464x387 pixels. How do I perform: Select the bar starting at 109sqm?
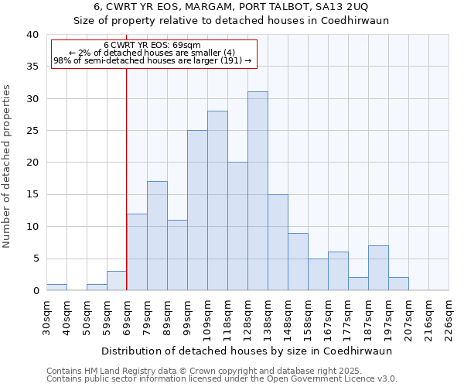coord(217,200)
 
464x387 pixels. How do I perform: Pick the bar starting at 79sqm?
coord(157,236)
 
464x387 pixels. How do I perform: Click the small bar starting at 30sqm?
coord(56,287)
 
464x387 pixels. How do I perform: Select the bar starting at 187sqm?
coord(378,268)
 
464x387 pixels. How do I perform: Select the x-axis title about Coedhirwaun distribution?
coord(246,351)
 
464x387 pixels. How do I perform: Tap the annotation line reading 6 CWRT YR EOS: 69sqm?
coord(152,45)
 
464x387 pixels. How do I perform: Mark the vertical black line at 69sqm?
coord(127,178)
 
